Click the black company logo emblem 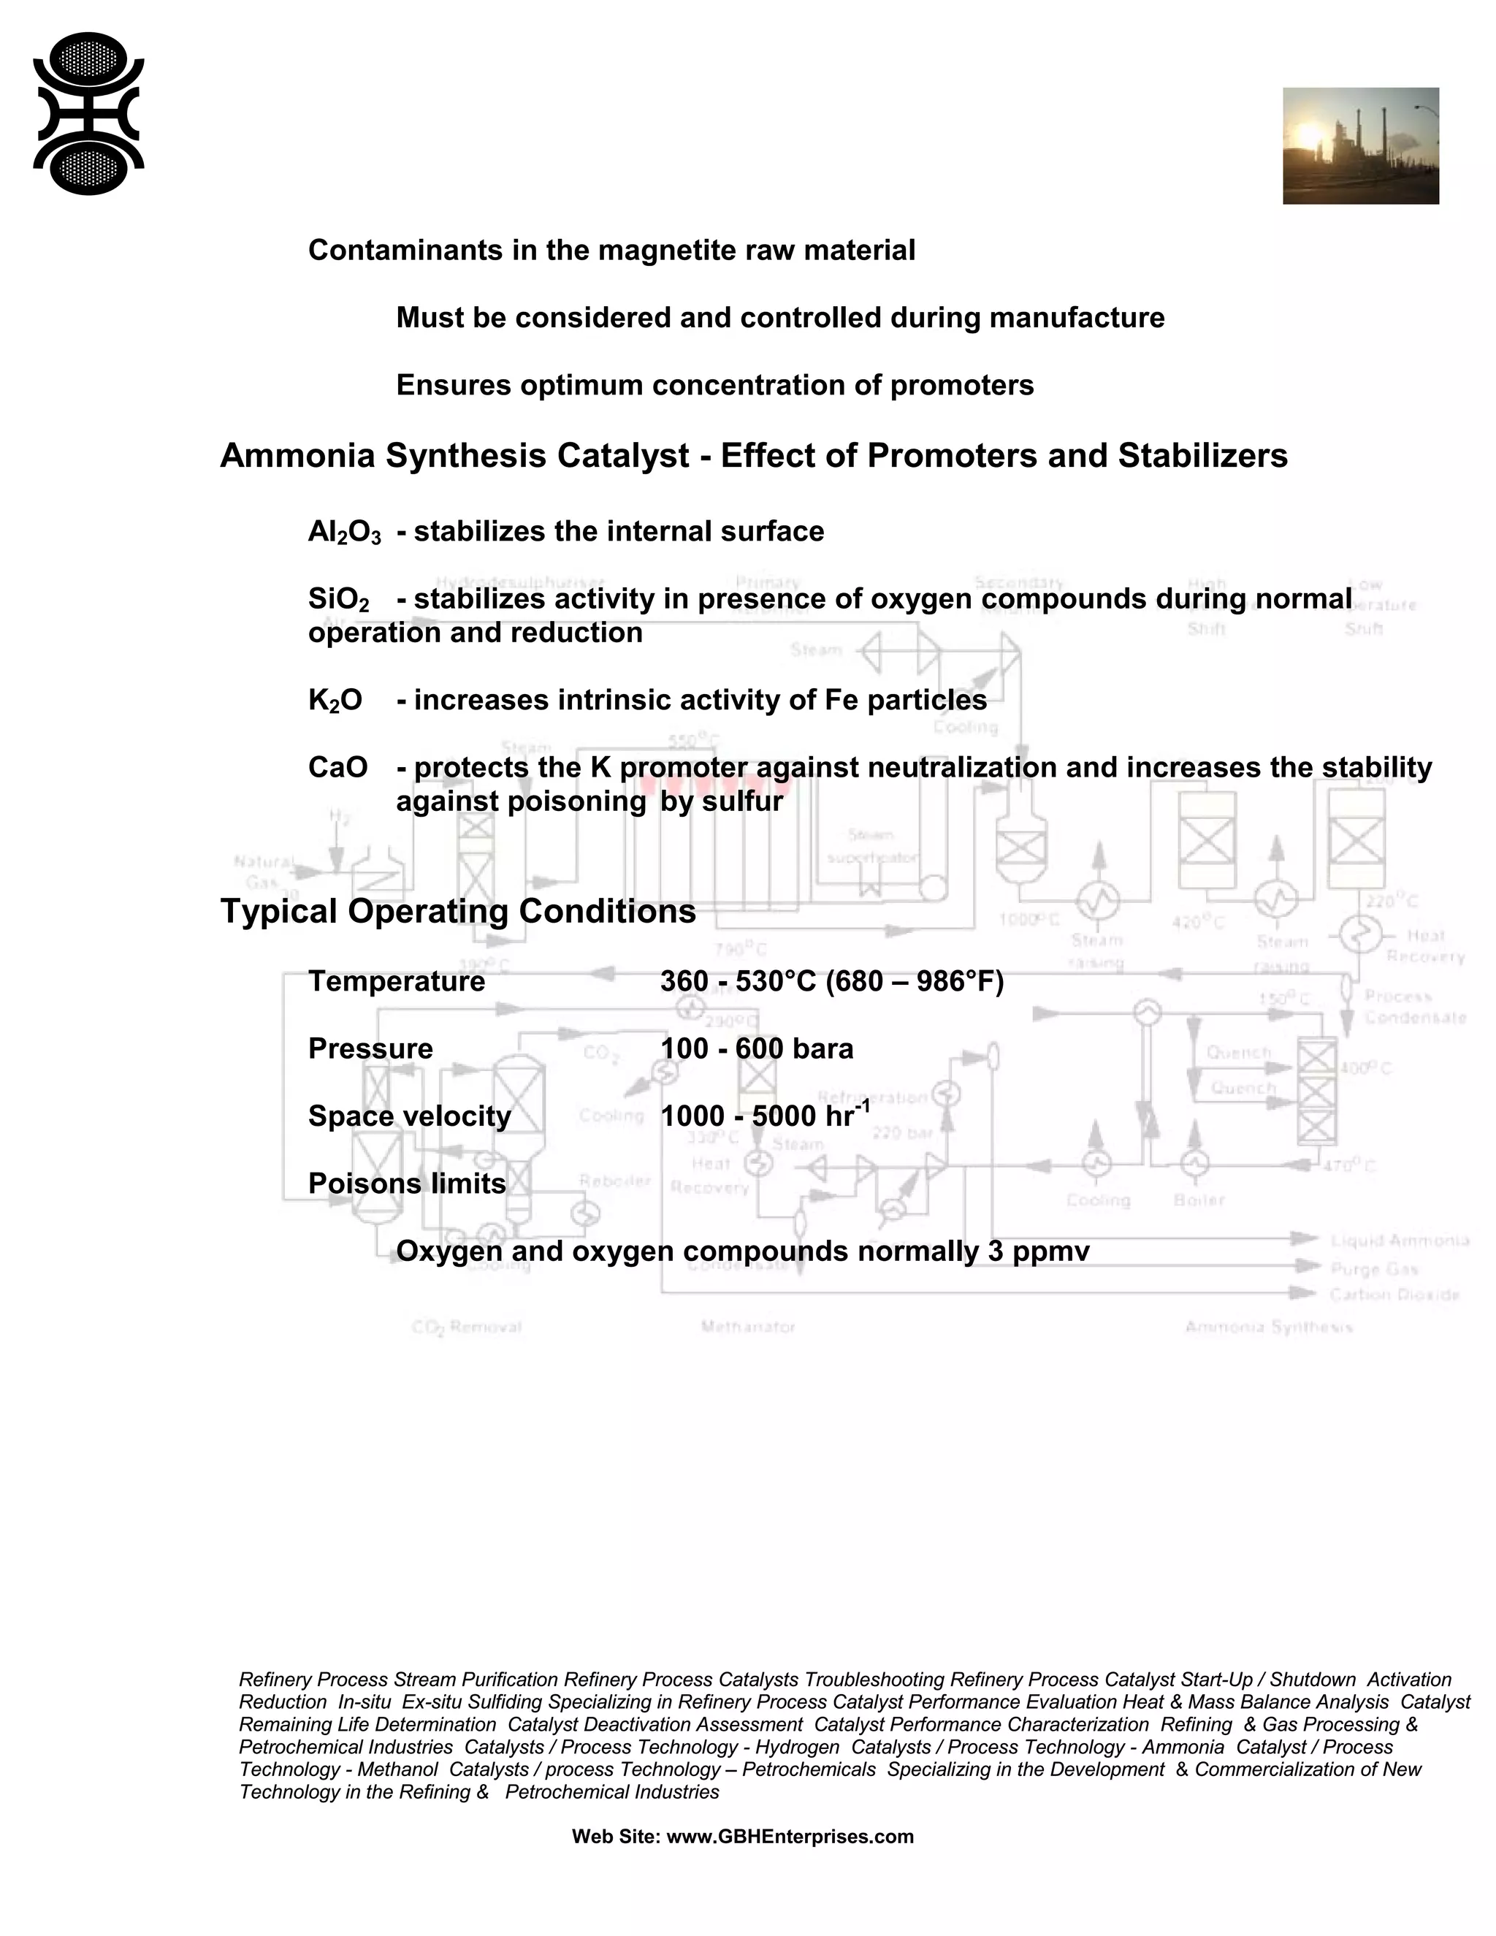click(x=88, y=113)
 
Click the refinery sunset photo click(x=1360, y=145)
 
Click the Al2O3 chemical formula click(x=344, y=532)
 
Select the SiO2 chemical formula click(x=338, y=599)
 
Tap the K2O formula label click(x=335, y=701)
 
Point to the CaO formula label click(x=337, y=767)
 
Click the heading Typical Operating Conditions click(x=457, y=911)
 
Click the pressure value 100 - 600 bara click(x=756, y=1048)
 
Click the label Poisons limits click(x=407, y=1184)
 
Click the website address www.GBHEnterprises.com click(x=790, y=1836)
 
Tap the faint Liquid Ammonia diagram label click(x=1400, y=1241)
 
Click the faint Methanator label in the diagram click(x=748, y=1327)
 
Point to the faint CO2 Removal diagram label click(x=467, y=1327)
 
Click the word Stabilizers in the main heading click(x=1202, y=456)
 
